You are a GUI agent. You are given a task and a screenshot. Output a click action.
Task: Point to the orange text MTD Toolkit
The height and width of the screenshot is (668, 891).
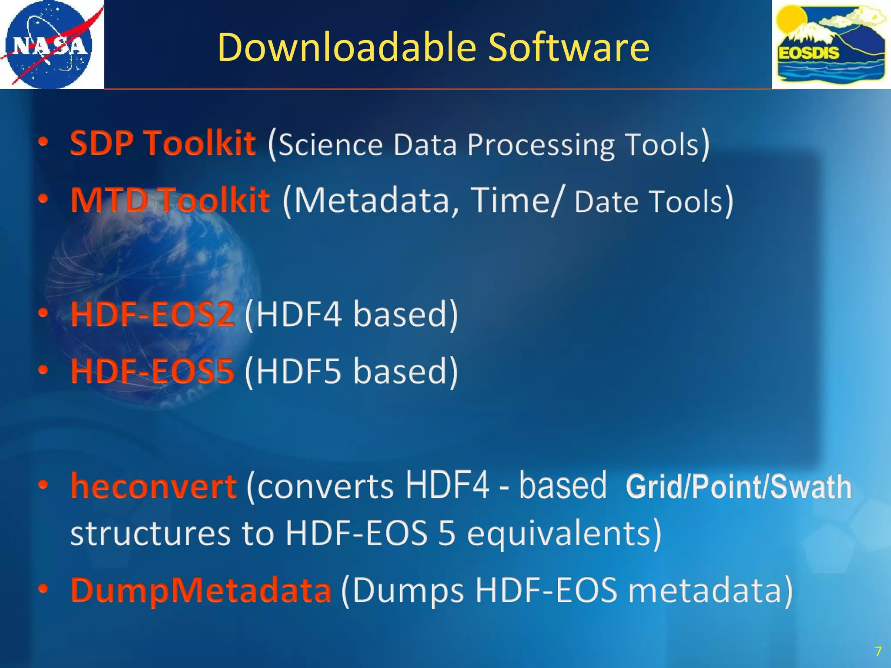point(170,200)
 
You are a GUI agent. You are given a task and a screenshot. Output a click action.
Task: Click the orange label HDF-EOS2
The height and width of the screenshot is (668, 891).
point(152,314)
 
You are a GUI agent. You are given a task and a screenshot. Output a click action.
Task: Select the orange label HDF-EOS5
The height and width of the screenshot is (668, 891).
point(152,371)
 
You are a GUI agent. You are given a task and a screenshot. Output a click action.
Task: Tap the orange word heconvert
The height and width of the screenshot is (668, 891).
point(154,486)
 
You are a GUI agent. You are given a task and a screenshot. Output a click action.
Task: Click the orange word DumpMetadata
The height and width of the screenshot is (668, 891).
point(201,591)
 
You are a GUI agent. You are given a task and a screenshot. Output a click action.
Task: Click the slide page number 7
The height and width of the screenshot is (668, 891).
point(878,651)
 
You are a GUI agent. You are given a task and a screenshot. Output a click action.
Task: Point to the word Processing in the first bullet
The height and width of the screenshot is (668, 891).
point(541,144)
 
